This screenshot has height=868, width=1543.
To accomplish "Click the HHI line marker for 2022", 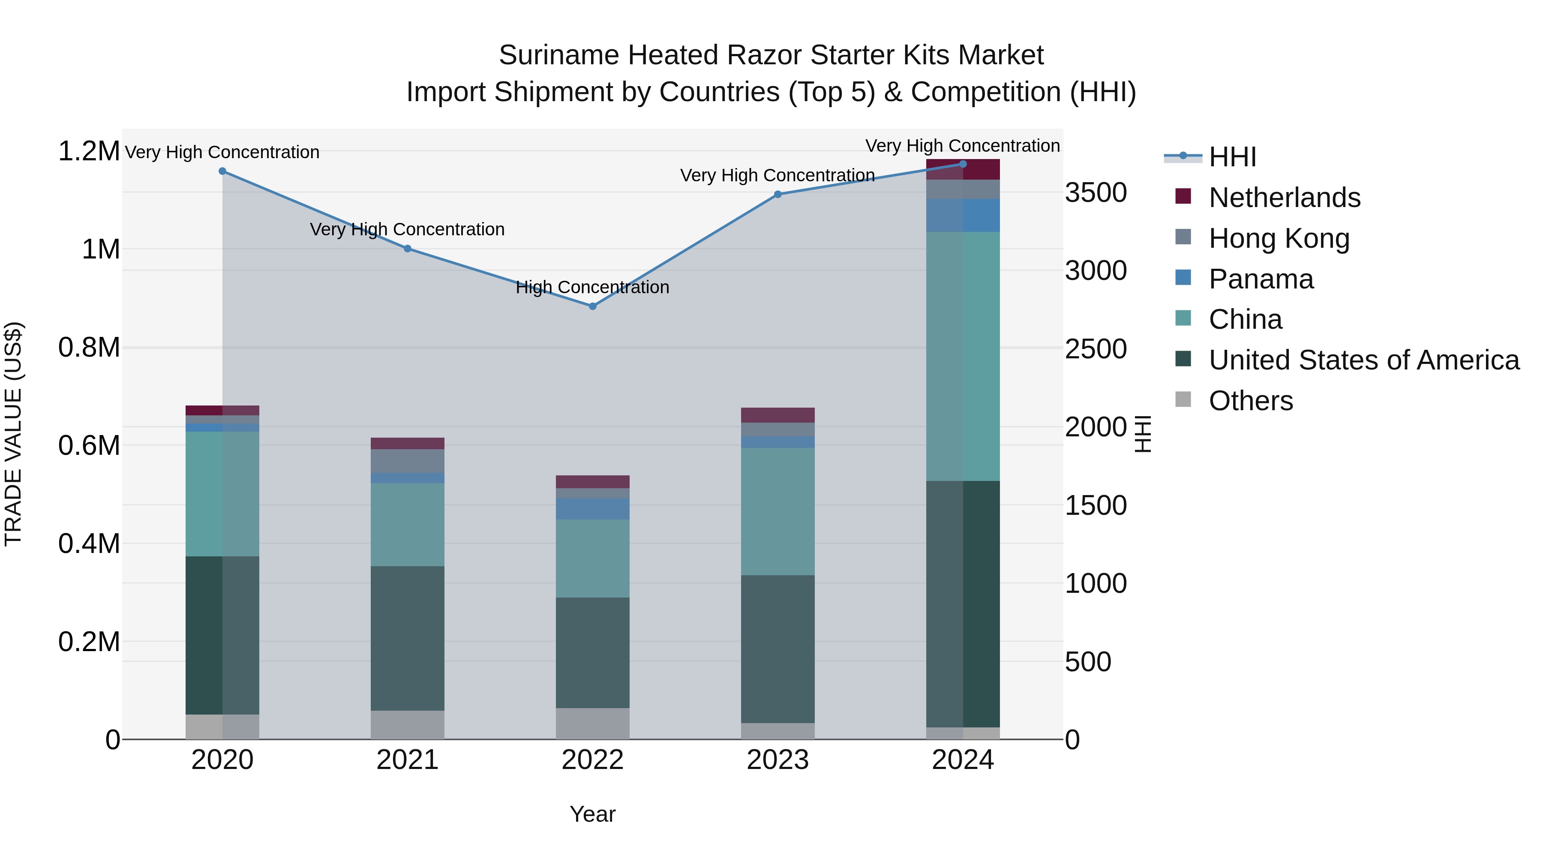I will (x=592, y=306).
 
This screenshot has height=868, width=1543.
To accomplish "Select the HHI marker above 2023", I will (x=778, y=194).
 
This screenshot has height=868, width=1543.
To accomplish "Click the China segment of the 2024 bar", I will (x=963, y=357).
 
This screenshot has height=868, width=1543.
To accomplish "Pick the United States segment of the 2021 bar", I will (x=407, y=638).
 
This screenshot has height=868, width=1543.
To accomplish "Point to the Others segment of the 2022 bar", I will (x=592, y=724).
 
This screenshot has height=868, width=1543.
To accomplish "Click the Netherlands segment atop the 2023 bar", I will (x=778, y=415).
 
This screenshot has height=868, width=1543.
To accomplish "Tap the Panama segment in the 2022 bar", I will (x=592, y=508).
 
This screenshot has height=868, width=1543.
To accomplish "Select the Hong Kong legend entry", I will (x=1279, y=238).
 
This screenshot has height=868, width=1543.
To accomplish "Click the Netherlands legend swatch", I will (x=1183, y=196).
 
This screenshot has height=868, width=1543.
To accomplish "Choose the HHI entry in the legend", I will (x=1232, y=157).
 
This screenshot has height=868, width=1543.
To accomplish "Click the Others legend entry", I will (x=1251, y=401).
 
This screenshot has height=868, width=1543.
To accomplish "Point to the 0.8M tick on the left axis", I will (x=89, y=348).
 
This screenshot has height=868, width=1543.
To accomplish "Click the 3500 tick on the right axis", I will (x=1096, y=193).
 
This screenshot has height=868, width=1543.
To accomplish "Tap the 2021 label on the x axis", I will (x=407, y=760).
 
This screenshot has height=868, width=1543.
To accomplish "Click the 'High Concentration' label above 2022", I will (x=592, y=288).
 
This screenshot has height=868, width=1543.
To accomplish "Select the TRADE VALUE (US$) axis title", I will (x=13, y=434).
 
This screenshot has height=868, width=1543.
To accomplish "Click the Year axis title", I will (x=592, y=814).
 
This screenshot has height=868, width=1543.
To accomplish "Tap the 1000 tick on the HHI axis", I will (x=1096, y=583).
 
